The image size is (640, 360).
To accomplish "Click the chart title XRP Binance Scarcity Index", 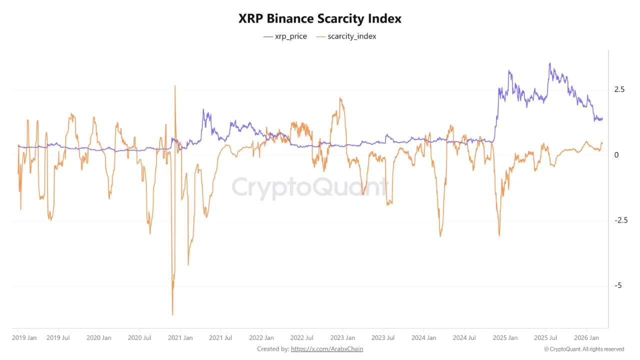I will pyautogui.click(x=319, y=18).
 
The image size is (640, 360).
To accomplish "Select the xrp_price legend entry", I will pyautogui.click(x=285, y=36).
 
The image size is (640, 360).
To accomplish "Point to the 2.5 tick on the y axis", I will pyautogui.click(x=619, y=89).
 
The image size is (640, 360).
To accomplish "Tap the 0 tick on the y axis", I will pyautogui.click(x=616, y=155).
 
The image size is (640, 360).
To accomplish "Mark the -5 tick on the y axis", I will pyautogui.click(x=617, y=285).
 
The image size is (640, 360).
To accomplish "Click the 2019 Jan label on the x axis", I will pyautogui.click(x=24, y=338).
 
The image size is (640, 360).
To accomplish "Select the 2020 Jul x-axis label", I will pyautogui.click(x=139, y=338).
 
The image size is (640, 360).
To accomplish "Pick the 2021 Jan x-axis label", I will pyautogui.click(x=180, y=338).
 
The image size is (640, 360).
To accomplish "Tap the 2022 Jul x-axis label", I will pyautogui.click(x=302, y=338).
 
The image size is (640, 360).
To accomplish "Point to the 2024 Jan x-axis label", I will pyautogui.click(x=423, y=338).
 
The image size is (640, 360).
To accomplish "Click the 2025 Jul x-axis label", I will pyautogui.click(x=545, y=338).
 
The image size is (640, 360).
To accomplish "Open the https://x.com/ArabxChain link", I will pyautogui.click(x=327, y=349).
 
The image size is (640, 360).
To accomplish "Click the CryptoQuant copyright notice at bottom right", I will pyautogui.click(x=584, y=349).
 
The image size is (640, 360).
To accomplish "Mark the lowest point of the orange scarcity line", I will pyautogui.click(x=172, y=314).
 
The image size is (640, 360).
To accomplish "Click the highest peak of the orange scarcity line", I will pyautogui.click(x=175, y=85).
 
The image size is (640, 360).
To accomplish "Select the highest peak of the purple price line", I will pyautogui.click(x=550, y=63).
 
